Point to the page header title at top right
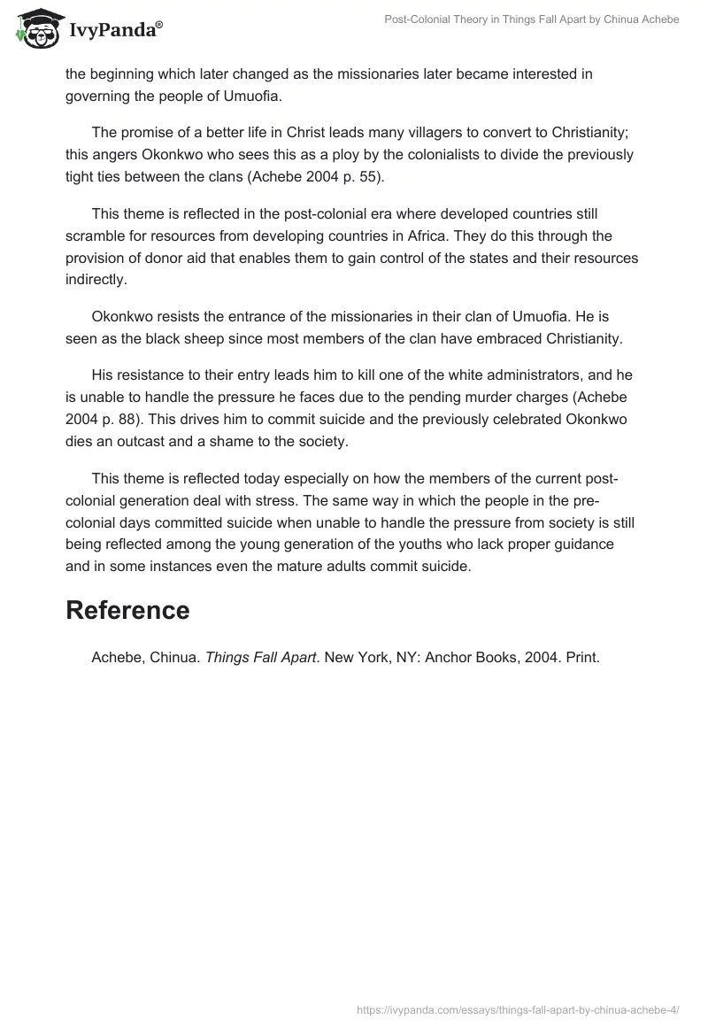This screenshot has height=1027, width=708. (x=532, y=19)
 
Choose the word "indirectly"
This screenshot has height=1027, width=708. (x=96, y=281)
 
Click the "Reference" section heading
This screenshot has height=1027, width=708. (x=127, y=610)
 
